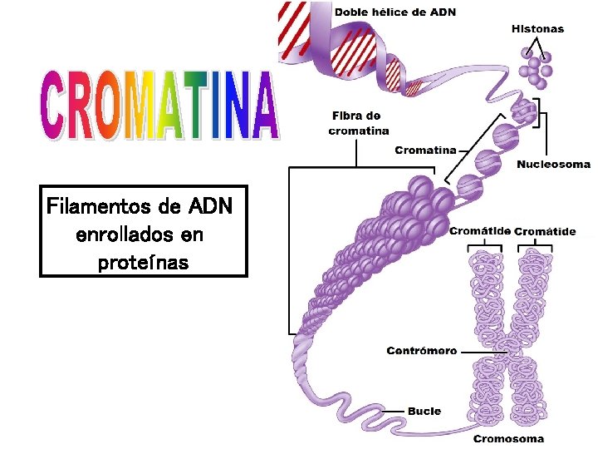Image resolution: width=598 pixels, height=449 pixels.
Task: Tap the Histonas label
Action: (537, 28)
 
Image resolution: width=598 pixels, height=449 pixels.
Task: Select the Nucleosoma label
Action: (553, 165)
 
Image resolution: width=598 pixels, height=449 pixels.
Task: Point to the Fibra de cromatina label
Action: (359, 122)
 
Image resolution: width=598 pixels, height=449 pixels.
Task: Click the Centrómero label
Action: (422, 351)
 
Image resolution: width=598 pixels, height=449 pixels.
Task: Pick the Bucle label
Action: (424, 411)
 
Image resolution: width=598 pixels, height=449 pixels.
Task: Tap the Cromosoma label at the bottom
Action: (509, 438)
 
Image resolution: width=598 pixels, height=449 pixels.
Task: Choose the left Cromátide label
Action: (479, 231)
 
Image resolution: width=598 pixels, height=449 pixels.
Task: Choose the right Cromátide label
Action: (545, 231)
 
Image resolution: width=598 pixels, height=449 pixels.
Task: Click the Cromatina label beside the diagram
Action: (425, 150)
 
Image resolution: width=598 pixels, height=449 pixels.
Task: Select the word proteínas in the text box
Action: (144, 263)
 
